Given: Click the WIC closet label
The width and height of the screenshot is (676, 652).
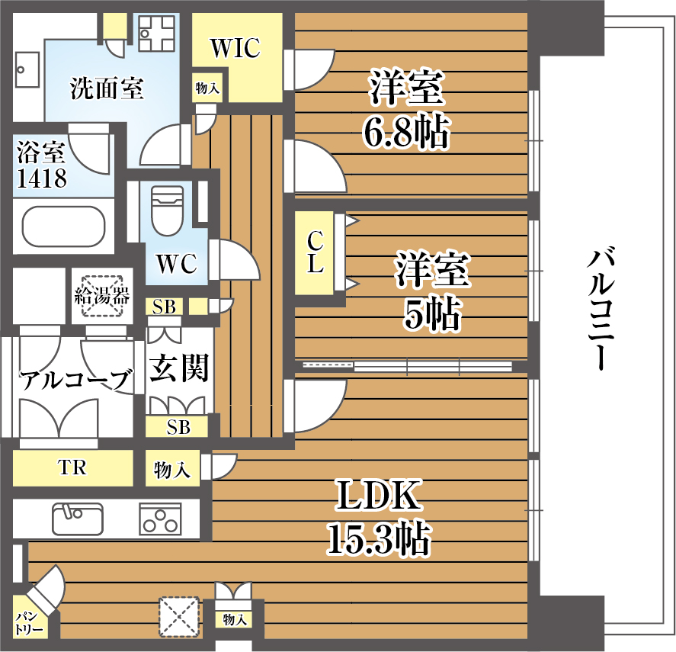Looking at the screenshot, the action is tap(235, 48).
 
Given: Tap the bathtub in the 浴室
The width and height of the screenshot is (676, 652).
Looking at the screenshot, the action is tap(64, 226).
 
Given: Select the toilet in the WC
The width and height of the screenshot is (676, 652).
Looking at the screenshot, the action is tap(167, 210).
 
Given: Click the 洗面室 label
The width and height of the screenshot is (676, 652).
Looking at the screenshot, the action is tap(107, 88).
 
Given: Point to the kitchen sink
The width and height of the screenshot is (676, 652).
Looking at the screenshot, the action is tap(78, 519).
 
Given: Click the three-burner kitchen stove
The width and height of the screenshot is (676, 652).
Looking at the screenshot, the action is tap(160, 519).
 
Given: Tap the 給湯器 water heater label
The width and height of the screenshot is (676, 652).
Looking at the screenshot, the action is tap(102, 296).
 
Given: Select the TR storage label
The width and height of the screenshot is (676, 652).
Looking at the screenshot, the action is tap(72, 467).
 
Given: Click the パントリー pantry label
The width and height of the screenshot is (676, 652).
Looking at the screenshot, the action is tap(28, 623).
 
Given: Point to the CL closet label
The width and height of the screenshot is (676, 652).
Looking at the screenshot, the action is tap(316, 252).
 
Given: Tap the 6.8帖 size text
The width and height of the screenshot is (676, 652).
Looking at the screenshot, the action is tap(405, 132).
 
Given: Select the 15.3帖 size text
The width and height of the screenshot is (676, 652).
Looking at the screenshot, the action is tap(379, 538).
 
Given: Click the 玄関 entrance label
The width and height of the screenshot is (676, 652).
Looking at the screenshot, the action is tap(178, 368).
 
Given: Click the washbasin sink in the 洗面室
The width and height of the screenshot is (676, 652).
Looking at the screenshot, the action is tap(27, 69).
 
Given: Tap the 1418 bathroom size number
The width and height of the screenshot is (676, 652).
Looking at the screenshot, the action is tap(41, 178).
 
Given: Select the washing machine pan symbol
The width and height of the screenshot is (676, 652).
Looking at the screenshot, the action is tap(157, 33).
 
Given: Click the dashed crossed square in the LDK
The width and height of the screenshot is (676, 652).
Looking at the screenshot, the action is tap(179, 617).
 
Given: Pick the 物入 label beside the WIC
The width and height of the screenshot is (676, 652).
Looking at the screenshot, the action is tap(207, 88).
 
